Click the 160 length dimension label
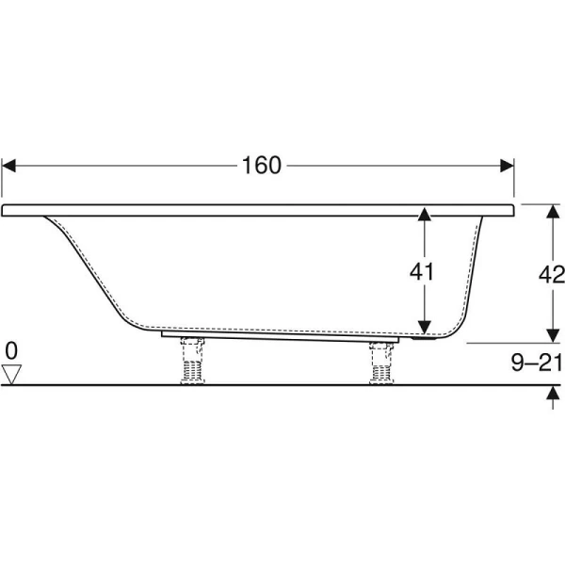[261, 166]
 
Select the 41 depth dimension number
[422, 272]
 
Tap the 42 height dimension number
[552, 275]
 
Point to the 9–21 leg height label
[537, 363]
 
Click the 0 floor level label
[11, 350]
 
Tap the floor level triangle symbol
[11, 375]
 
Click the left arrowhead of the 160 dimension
[8, 166]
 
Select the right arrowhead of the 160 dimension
[507, 166]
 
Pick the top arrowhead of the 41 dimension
[425, 214]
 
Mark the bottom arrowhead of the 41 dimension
[425, 327]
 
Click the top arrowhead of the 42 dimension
[553, 212]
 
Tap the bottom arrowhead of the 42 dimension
[553, 336]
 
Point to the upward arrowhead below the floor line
[553, 393]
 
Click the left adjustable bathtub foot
[192, 361]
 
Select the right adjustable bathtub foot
[381, 363]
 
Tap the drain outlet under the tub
[424, 338]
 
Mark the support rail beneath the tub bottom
[280, 337]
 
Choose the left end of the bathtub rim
[2, 210]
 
